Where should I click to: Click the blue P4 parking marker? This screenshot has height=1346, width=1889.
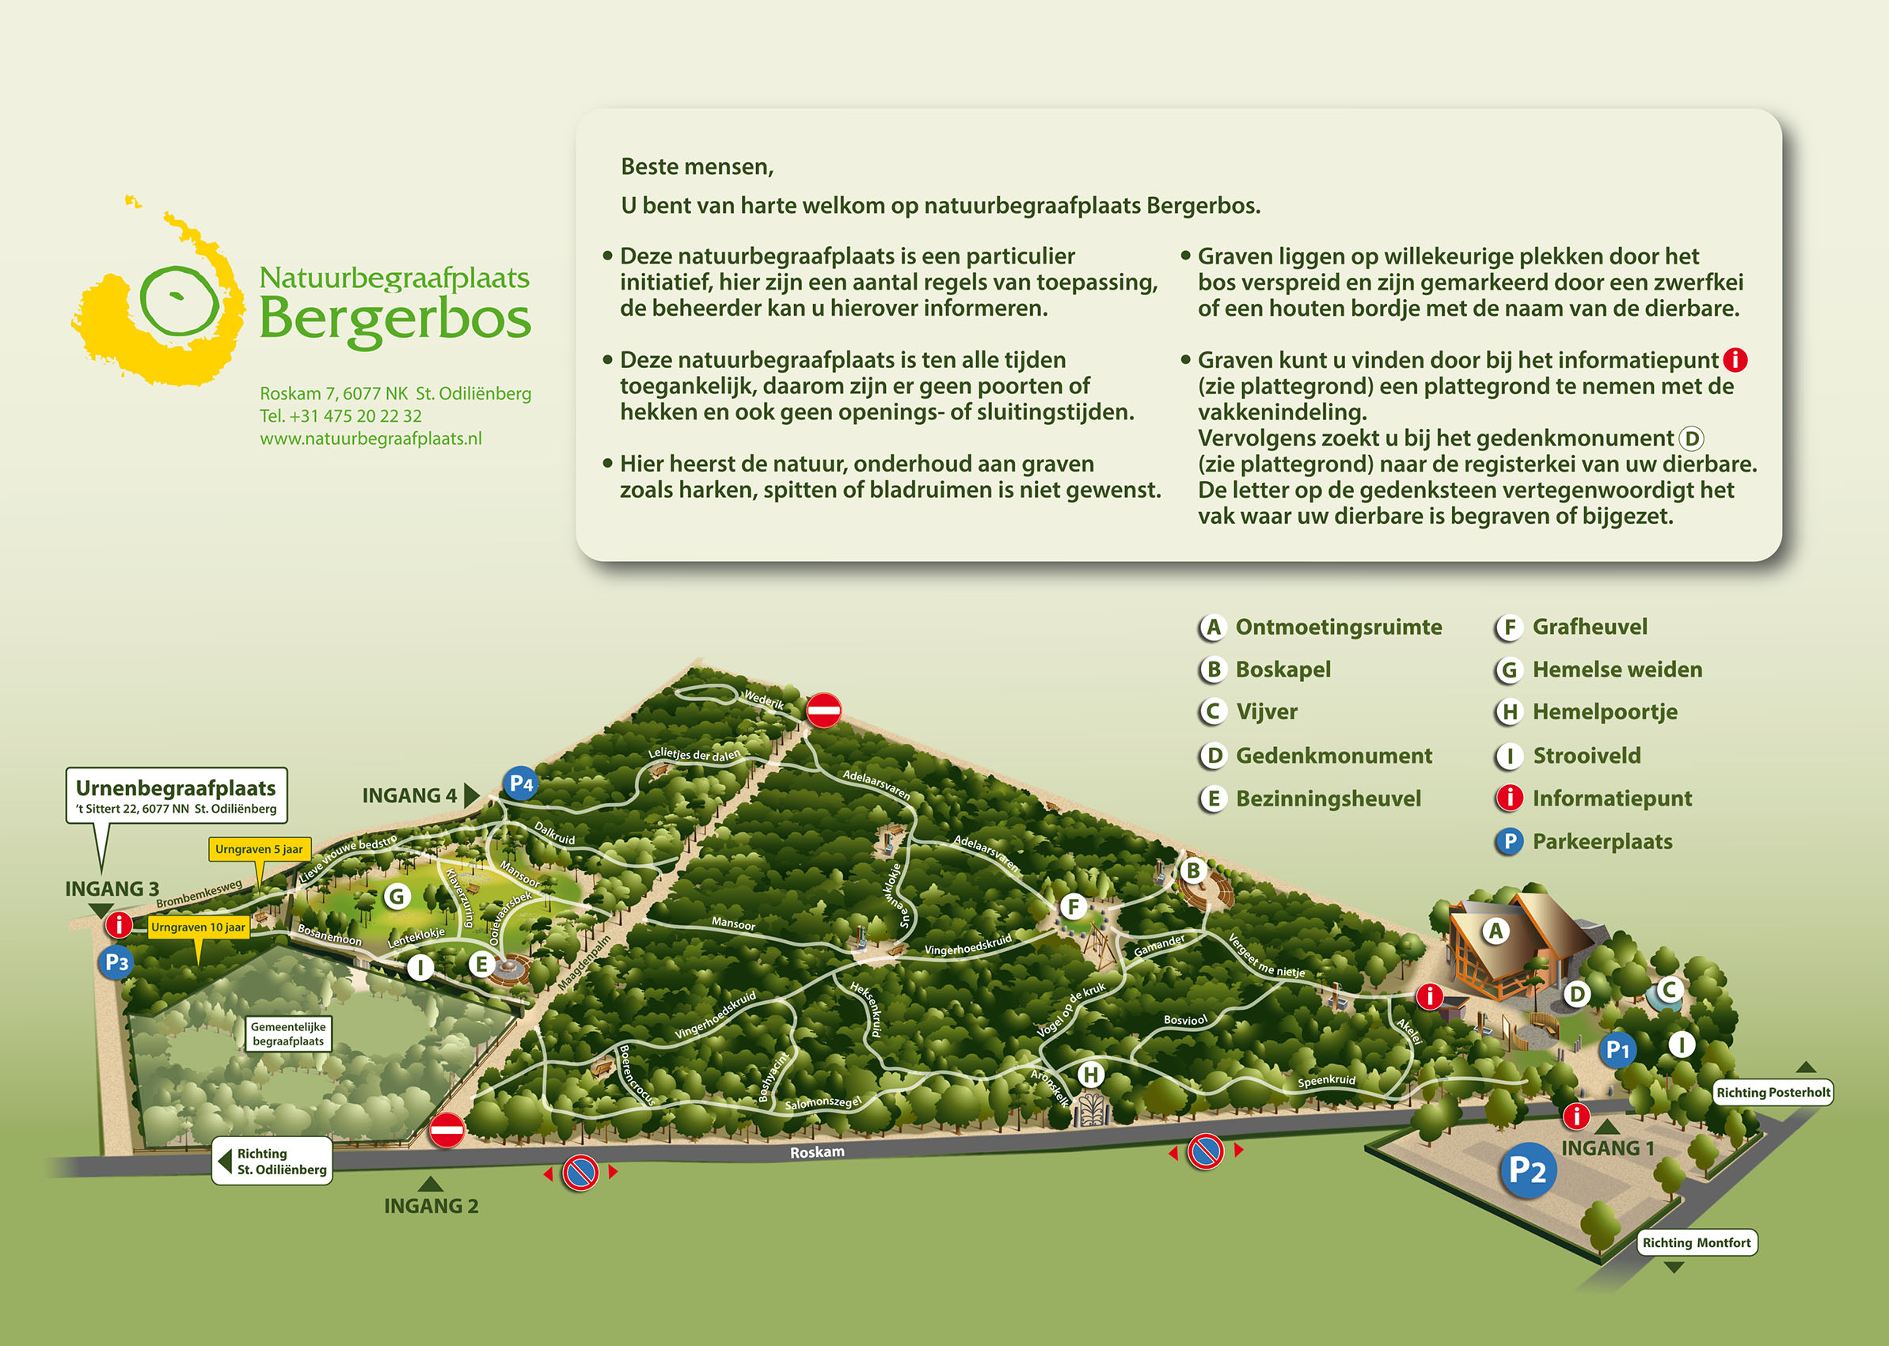coord(520,783)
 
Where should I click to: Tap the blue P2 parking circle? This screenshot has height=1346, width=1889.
coord(1527,1170)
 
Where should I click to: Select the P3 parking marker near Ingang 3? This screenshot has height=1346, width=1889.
coord(116,963)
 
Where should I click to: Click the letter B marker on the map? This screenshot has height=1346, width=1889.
coord(1193,871)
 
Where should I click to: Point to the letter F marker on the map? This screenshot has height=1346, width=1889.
coord(1073,907)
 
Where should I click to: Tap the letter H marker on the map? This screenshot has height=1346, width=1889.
coord(1091,1075)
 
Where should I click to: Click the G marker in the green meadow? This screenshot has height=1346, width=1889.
coord(397,896)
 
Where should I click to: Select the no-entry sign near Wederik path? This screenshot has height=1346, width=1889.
coord(823,711)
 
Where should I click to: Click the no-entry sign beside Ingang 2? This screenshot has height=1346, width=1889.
coord(447,1130)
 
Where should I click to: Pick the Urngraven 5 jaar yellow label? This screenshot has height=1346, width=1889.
coord(259,849)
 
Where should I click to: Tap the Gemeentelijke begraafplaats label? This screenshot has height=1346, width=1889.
coord(288,1033)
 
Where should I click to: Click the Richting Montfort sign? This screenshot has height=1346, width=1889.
coord(1697,1242)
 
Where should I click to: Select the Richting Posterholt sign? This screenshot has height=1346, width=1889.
coord(1773,1092)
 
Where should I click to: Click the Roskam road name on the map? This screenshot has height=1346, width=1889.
coord(817,1152)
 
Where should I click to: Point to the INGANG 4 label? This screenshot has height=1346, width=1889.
coord(409,796)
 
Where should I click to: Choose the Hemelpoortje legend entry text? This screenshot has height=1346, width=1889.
coord(1605,712)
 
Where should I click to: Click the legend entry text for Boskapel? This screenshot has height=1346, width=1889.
coord(1283,669)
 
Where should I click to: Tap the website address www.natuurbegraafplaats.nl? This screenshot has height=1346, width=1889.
coord(371,438)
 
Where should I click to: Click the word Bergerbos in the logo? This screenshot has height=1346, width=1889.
coord(395,319)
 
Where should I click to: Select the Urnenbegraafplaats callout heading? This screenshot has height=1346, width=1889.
coord(176,787)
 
